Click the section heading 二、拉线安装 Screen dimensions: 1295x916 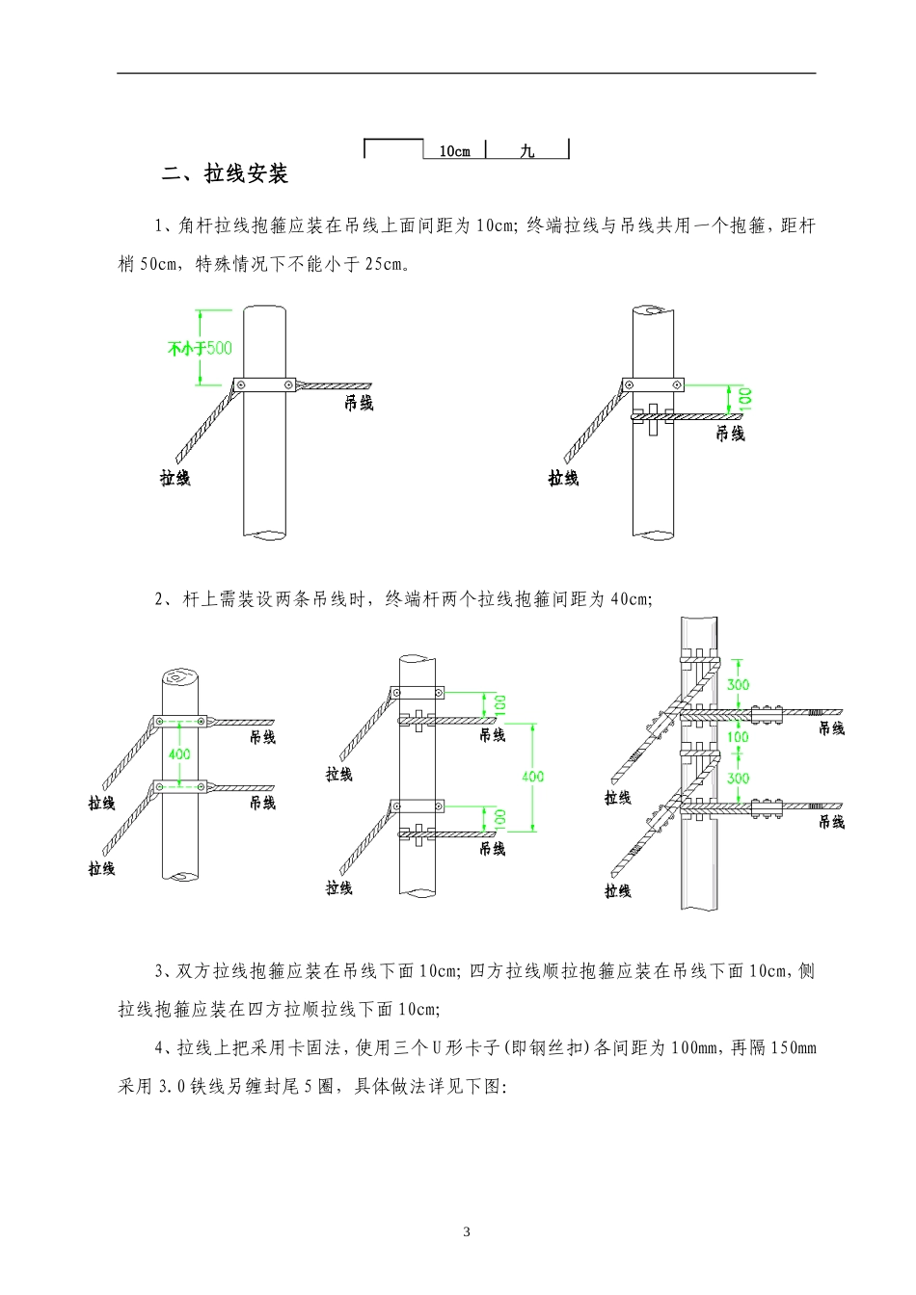coord(226,174)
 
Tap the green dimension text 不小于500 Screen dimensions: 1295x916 coord(200,348)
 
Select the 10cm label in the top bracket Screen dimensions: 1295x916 coord(454,151)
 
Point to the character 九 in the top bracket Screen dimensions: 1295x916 coord(526,151)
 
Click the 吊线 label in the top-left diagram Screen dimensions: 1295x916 coord(359,403)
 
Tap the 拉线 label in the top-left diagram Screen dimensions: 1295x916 coord(175,478)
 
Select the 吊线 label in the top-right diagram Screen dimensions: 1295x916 coord(730,434)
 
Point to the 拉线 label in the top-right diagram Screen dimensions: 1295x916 coord(563,478)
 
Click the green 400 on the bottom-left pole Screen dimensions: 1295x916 coord(179,753)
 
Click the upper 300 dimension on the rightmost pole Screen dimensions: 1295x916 coord(739,685)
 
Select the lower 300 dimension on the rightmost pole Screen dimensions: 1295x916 coord(739,779)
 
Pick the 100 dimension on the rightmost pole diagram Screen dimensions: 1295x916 coord(738,737)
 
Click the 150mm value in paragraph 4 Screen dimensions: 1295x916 coord(793,1047)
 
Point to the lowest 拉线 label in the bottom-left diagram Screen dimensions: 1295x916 coord(102,868)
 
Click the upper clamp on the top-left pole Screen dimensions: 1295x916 coord(265,384)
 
